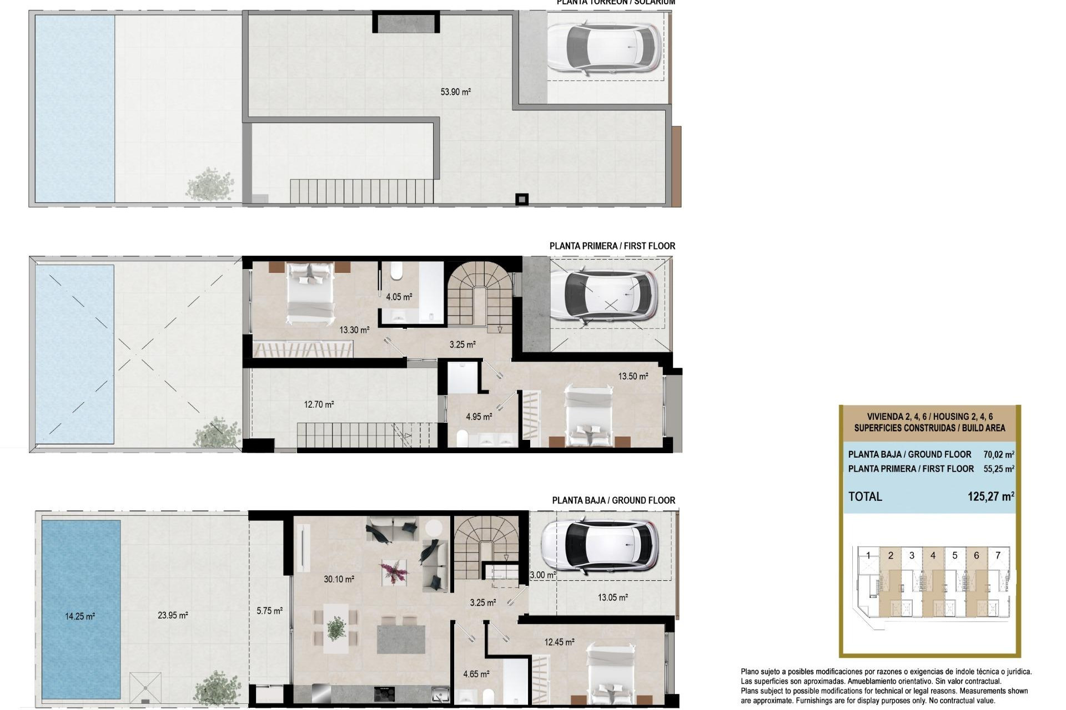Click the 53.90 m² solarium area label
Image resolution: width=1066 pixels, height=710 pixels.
tap(455, 92)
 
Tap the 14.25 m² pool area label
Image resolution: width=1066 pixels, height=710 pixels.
tap(79, 616)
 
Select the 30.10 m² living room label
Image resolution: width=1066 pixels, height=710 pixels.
tap(339, 579)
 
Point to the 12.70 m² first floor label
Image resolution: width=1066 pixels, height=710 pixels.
tap(319, 404)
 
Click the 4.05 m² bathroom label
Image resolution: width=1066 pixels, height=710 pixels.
tap(399, 297)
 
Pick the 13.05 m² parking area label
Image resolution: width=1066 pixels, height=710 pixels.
tap(612, 597)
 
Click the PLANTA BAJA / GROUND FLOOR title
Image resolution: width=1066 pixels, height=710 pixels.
tap(613, 500)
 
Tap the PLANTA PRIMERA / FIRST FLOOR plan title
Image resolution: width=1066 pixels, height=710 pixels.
tap(612, 246)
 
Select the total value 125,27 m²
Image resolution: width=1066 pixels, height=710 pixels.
tap(990, 496)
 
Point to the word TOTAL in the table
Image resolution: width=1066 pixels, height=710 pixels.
tap(865, 496)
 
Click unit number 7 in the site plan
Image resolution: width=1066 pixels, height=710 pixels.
tap(998, 555)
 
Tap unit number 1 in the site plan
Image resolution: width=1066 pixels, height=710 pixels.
tap(868, 555)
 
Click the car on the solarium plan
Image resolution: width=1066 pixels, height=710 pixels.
tap(604, 47)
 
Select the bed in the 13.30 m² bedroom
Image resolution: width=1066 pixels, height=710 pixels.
tap(310, 294)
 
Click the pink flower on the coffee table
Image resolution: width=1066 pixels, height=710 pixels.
tap(394, 571)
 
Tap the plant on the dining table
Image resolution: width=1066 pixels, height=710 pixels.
tap(336, 628)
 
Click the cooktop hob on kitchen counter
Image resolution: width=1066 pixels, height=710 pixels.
tap(385, 693)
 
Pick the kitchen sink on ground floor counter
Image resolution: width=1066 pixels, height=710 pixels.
tap(441, 693)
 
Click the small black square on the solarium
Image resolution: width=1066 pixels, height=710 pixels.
tap(521, 199)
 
